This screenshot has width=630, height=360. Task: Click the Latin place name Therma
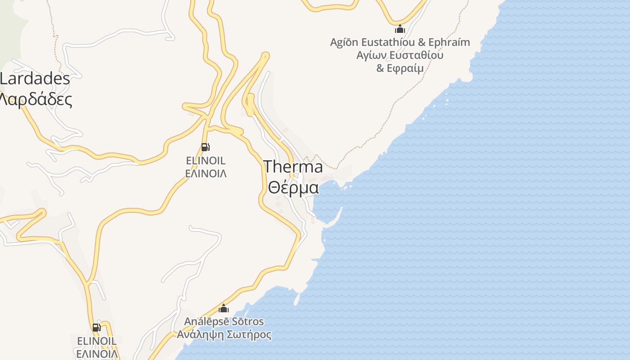coord(293,167)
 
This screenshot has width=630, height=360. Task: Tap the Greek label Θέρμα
coord(293,187)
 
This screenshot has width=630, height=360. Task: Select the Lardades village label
coord(35,79)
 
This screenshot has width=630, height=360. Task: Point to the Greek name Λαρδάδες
coord(36,99)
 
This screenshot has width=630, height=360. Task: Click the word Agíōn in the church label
coord(344,42)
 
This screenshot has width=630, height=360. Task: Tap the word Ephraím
coord(449,42)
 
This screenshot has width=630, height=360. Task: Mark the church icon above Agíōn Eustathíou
coord(400,30)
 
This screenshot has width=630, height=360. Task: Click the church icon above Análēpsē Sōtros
coord(224,309)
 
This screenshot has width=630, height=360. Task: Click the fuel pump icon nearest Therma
coord(205,147)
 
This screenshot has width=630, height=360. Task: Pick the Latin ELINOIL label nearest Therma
coord(206,161)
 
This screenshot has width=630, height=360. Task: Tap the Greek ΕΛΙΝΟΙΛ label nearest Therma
coord(206,174)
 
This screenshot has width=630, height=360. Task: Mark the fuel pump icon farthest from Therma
coord(97,328)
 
